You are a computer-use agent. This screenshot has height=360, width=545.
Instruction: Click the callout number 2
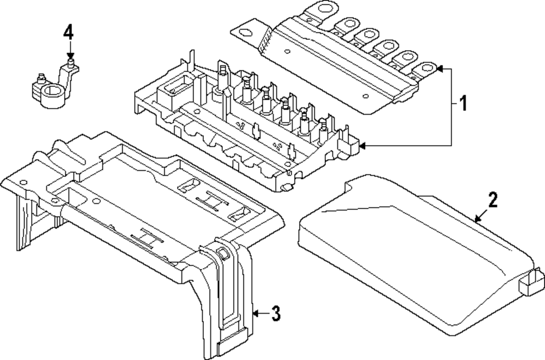coord(492,200)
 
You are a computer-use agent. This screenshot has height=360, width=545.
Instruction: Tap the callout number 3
coord(276,314)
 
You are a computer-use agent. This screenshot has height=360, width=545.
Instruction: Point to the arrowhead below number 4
coord(69,56)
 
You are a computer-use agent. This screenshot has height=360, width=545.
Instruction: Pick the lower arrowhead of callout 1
coord(364,146)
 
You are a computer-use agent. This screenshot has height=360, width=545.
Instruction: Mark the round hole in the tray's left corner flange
coord(23,182)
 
